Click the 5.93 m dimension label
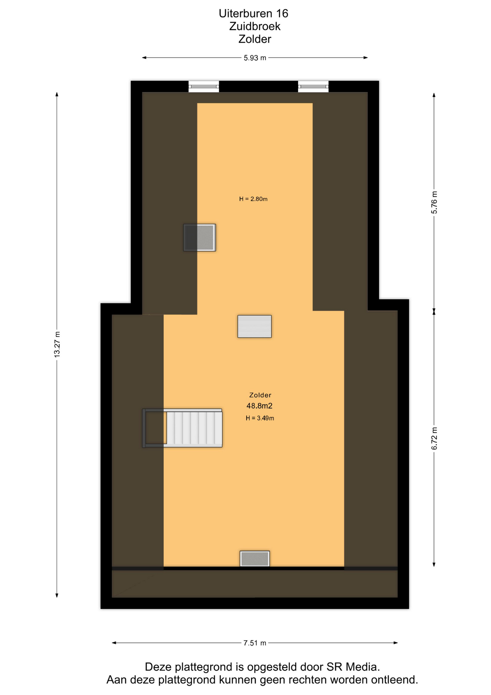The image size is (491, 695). [x=255, y=58]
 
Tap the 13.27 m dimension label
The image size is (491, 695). [x=57, y=344]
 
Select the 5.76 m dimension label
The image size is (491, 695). [x=434, y=202]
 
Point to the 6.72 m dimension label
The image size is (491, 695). [x=434, y=438]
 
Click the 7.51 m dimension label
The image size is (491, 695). [x=255, y=643]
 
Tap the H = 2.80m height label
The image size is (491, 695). [x=253, y=199]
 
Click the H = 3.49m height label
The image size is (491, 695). [x=260, y=418]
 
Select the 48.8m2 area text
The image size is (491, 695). [x=259, y=406]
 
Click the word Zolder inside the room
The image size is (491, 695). [x=260, y=395]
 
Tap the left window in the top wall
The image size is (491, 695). [x=204, y=87]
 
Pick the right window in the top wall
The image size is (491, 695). [x=313, y=87]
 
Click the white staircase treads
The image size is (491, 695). [x=194, y=428]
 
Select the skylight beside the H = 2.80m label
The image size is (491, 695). [x=200, y=237]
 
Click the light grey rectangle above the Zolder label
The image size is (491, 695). [x=255, y=326]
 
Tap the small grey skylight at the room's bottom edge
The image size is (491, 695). [x=255, y=559]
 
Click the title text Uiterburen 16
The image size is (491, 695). [x=253, y=13]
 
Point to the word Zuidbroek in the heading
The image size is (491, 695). [x=255, y=26]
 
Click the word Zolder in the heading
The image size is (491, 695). [x=255, y=39]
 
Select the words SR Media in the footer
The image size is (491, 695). [x=353, y=667]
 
